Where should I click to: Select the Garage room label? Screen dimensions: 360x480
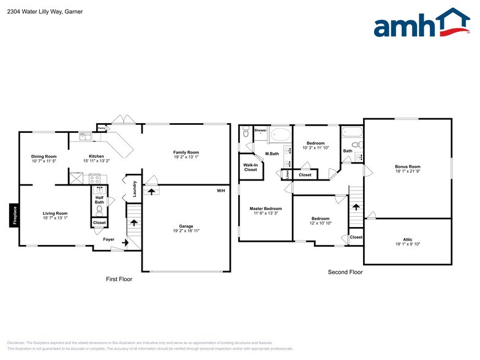tap(186, 226)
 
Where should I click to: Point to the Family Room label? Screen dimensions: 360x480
tap(186, 152)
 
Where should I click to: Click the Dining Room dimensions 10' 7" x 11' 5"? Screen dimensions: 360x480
tap(44, 161)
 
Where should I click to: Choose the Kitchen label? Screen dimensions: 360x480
tap(96, 156)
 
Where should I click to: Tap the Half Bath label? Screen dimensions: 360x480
tap(99, 200)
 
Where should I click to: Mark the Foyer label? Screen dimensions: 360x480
tap(108, 239)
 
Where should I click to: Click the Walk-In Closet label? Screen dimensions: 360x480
tap(250, 167)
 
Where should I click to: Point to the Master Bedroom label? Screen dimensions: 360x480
tap(266, 209)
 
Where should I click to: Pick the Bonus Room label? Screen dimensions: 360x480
tap(407, 167)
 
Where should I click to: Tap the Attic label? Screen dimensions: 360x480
tap(407, 240)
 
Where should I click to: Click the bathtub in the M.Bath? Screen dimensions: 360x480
tap(281, 133)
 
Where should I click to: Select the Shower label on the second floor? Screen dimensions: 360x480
tap(260, 130)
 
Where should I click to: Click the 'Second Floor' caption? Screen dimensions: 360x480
tap(345, 272)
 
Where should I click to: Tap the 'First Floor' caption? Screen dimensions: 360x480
tap(119, 279)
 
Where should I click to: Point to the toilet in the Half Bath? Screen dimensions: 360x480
tap(99, 210)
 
